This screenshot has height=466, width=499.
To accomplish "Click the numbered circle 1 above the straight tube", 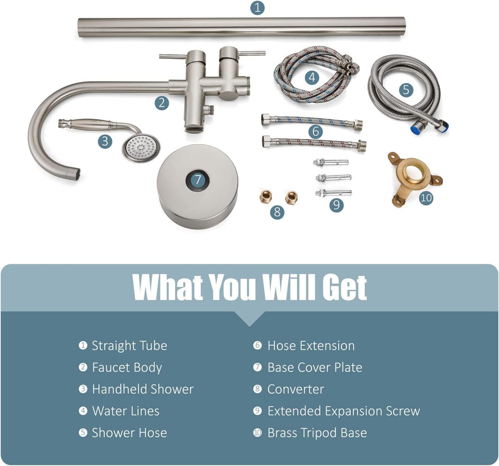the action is pyautogui.click(x=257, y=8).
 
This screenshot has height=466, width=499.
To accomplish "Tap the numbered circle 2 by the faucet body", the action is pyautogui.click(x=162, y=103).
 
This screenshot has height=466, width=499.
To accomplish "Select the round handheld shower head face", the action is pyautogui.click(x=141, y=148).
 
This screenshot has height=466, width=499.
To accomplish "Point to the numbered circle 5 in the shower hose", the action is pyautogui.click(x=406, y=90).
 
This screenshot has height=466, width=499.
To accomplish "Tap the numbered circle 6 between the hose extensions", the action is pyautogui.click(x=315, y=131).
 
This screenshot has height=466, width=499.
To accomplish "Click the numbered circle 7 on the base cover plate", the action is pyautogui.click(x=198, y=180).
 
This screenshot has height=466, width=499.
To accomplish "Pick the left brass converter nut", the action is pyautogui.click(x=266, y=197).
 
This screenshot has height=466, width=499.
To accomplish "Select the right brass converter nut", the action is pyautogui.click(x=291, y=197).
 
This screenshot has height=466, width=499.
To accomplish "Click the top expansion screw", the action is pyautogui.click(x=331, y=162).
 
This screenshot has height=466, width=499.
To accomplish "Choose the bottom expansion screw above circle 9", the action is pyautogui.click(x=333, y=193).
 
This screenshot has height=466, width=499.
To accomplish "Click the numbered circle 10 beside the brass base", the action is pyautogui.click(x=426, y=198).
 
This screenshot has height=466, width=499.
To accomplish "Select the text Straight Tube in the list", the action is pyautogui.click(x=129, y=345).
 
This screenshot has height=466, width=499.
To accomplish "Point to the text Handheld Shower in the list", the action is pyautogui.click(x=143, y=389).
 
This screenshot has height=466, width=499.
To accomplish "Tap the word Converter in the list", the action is pyautogui.click(x=296, y=389).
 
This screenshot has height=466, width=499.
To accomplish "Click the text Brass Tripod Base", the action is pyautogui.click(x=317, y=432).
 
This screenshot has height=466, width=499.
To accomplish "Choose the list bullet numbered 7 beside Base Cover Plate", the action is pyautogui.click(x=257, y=367).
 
